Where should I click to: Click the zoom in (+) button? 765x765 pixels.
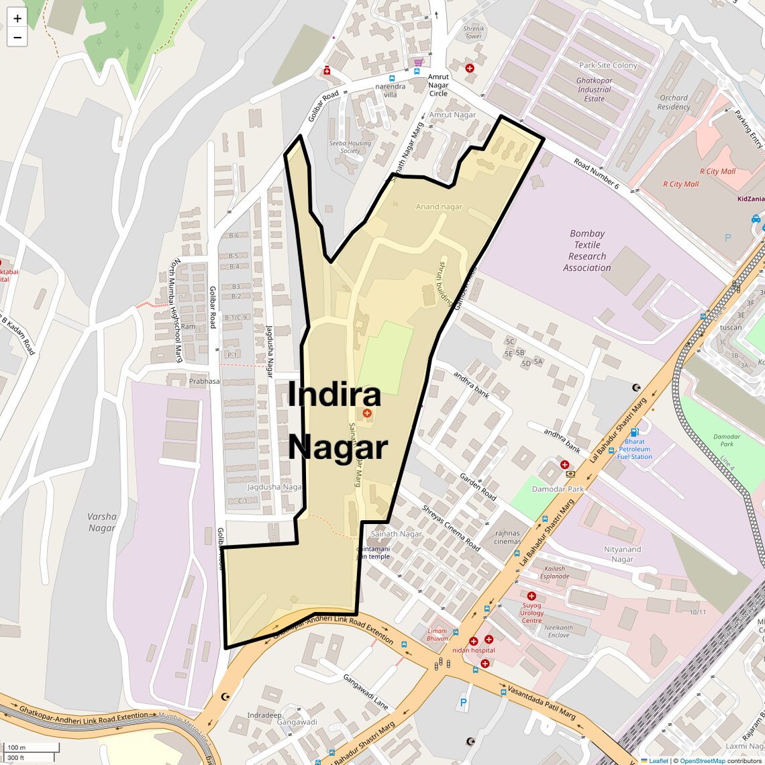[x=17, y=19]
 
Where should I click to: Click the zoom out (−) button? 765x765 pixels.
[x=17, y=38]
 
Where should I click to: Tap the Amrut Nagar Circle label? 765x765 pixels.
[x=438, y=85]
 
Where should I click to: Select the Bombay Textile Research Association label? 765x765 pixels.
[x=587, y=251]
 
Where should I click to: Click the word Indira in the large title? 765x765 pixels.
[x=334, y=394]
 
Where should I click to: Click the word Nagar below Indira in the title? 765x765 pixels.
[x=338, y=447]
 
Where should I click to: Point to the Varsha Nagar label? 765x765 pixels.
[x=102, y=522]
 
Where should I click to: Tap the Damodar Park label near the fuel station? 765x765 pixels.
[x=558, y=489]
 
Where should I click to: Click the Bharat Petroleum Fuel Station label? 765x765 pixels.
[x=634, y=449]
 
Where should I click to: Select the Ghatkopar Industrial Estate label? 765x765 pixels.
[x=594, y=89]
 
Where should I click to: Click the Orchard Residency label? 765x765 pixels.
[x=674, y=102]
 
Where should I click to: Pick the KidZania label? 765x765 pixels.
[x=750, y=199]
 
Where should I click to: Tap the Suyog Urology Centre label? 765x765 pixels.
[x=531, y=613]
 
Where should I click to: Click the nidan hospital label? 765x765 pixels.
[x=473, y=650]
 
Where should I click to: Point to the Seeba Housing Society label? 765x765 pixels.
[x=350, y=147]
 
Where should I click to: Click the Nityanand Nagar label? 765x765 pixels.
[x=622, y=554]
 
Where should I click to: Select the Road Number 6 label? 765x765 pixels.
[x=596, y=173]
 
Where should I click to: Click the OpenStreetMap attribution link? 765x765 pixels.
[x=702, y=761]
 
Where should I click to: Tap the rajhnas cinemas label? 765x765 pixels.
[x=507, y=537]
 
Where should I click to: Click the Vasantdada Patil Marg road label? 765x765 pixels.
[x=541, y=703]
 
